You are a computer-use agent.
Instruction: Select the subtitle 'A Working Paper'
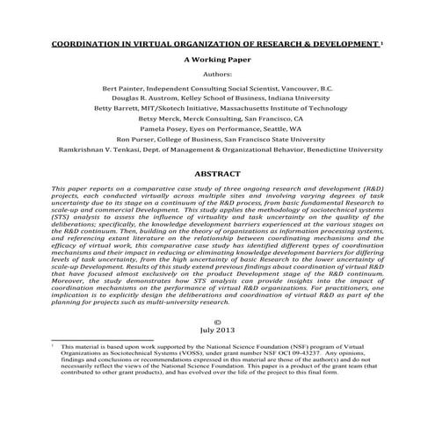[216, 60]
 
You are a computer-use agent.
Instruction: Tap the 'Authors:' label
[216, 76]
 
